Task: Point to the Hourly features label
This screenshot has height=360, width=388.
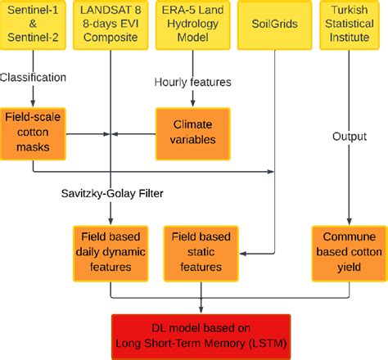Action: [x=194, y=82]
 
